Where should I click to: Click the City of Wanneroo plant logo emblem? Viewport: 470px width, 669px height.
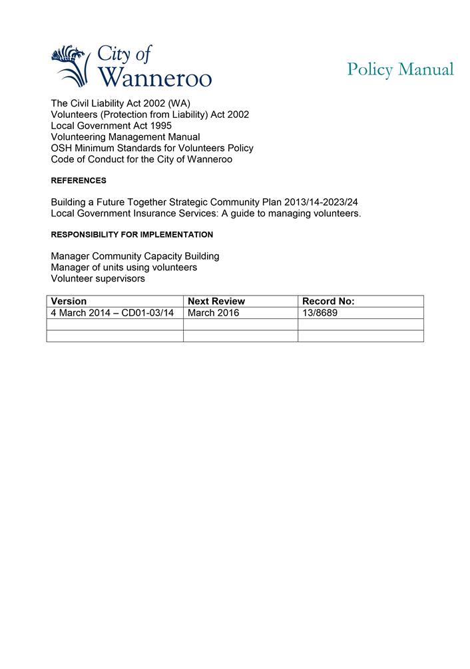point(70,65)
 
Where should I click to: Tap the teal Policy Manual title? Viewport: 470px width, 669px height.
point(400,69)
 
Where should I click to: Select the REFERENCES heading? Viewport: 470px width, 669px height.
point(79,180)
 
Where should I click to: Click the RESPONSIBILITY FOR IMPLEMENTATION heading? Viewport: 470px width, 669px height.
point(132,235)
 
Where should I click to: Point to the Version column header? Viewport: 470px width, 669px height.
point(69,302)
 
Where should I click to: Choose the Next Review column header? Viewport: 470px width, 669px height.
point(216,302)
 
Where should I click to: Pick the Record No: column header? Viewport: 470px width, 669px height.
point(328,302)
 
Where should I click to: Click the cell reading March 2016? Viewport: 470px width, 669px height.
point(213,313)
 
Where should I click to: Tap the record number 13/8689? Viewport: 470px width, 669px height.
point(320,313)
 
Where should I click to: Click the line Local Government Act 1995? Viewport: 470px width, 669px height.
point(111,126)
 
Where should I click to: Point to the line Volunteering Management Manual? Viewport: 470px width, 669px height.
point(125,137)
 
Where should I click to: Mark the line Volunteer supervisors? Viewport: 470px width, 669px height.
point(98,279)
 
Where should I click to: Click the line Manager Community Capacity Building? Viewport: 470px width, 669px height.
point(135,256)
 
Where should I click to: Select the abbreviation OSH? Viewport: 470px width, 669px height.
point(62,148)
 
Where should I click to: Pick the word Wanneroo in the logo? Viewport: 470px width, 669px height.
point(154,77)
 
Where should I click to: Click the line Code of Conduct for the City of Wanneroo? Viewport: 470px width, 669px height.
point(142,160)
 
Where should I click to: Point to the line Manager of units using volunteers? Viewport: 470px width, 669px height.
point(124,268)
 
